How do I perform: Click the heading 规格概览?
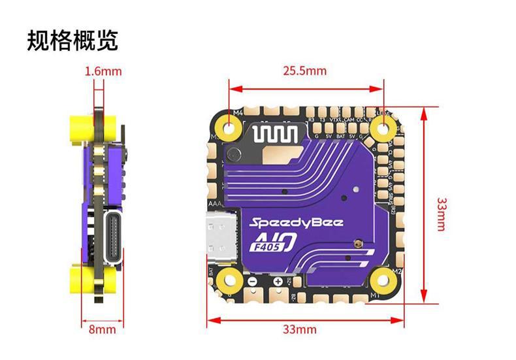pyautogui.click(x=73, y=40)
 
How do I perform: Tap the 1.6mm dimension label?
pyautogui.click(x=103, y=71)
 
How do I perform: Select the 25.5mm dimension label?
pyautogui.click(x=304, y=71)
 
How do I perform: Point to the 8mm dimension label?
pyautogui.click(x=102, y=329)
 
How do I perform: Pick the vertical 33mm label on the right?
pyautogui.click(x=442, y=213)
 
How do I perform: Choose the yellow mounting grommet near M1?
pyautogui.click(x=380, y=280)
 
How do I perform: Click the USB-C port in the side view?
pyautogui.click(x=115, y=239)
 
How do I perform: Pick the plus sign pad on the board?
pyautogui.click(x=279, y=281)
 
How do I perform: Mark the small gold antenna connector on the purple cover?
pyautogui.click(x=357, y=245)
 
